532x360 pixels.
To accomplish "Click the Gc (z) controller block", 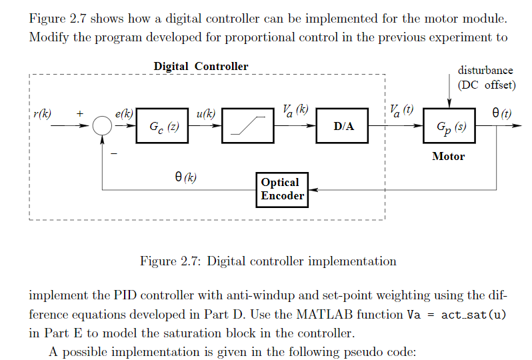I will [x=162, y=126].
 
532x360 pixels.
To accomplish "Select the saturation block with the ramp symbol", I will [x=248, y=126].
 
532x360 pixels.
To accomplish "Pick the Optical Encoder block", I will [x=283, y=189].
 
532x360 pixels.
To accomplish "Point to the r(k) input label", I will [x=42, y=113].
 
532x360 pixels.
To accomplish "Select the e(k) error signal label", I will [x=125, y=114].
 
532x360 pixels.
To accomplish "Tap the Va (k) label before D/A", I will [x=294, y=110].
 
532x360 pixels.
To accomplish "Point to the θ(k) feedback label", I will [x=185, y=177].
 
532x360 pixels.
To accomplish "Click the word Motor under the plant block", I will [x=448, y=157].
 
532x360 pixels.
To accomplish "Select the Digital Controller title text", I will [x=201, y=66].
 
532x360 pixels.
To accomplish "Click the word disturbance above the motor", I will [x=485, y=70].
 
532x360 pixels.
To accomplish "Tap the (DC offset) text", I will [x=486, y=85].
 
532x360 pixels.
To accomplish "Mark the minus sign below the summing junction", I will [x=113, y=153].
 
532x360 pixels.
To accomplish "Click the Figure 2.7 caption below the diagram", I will [x=268, y=261].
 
